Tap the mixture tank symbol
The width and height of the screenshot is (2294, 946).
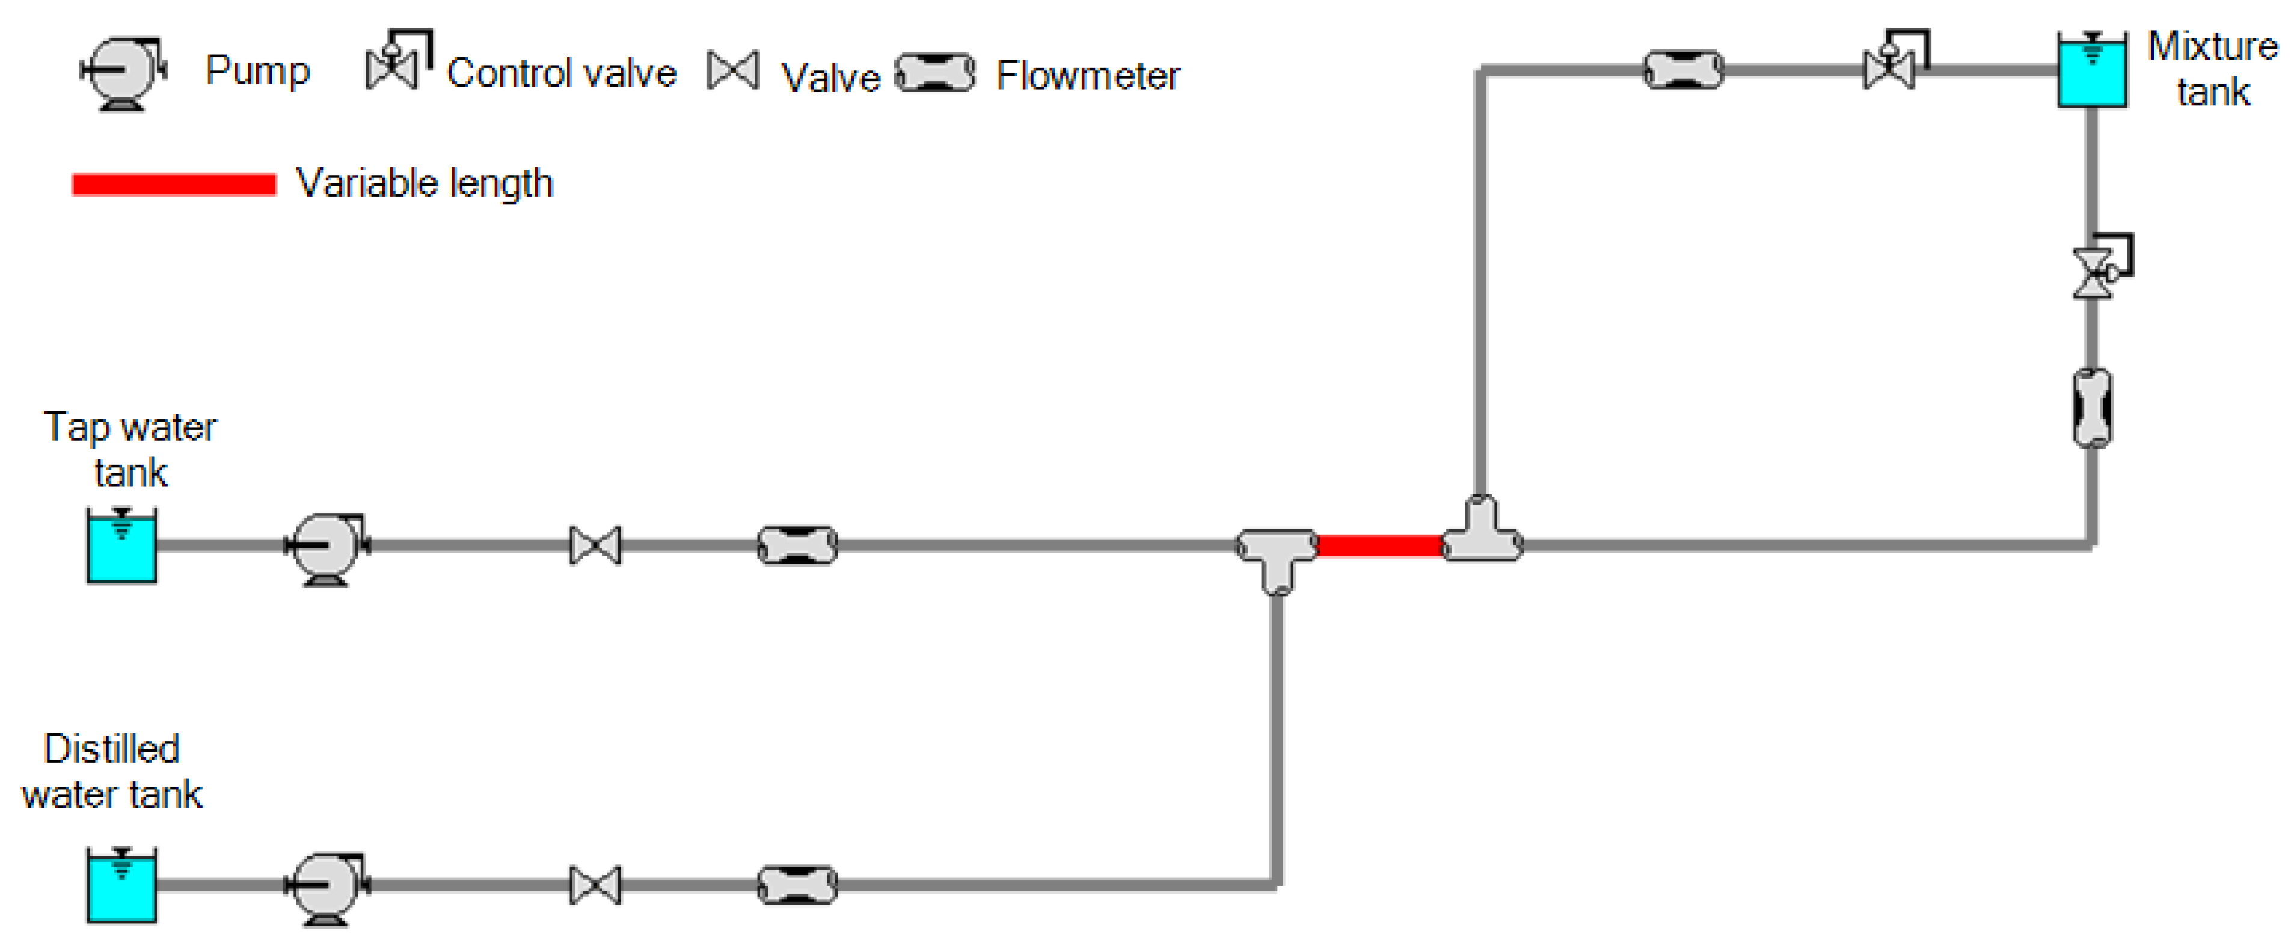click(x=2092, y=71)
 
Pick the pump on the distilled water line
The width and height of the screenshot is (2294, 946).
click(x=326, y=886)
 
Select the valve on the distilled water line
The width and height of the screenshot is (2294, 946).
click(x=595, y=886)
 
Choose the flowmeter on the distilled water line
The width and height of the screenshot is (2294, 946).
click(x=797, y=886)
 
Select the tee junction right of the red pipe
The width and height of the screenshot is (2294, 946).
click(x=1482, y=535)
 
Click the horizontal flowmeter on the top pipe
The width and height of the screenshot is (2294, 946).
click(x=1683, y=70)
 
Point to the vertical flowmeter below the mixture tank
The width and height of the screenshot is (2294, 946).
click(x=2092, y=408)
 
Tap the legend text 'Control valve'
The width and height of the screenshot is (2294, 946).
click(x=561, y=73)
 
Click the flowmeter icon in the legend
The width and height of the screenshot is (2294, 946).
click(x=934, y=73)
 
